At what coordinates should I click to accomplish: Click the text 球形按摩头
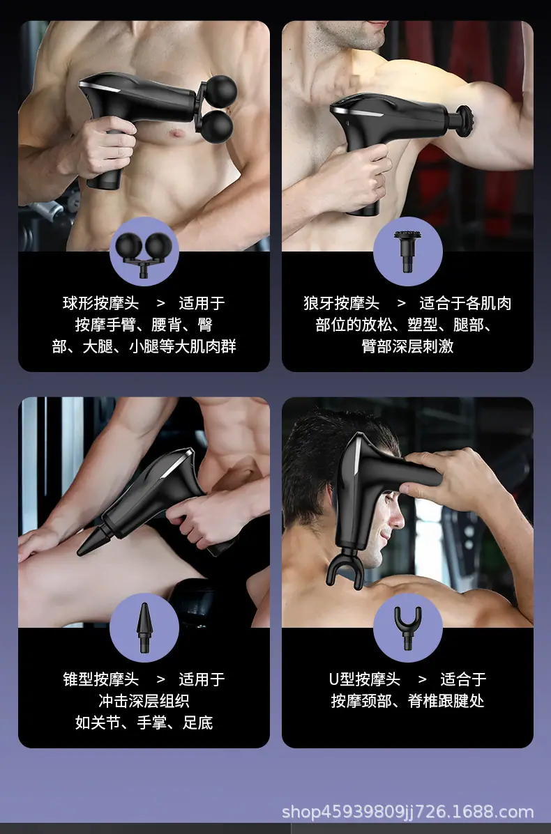click(x=100, y=303)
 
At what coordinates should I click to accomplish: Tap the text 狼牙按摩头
click(x=341, y=303)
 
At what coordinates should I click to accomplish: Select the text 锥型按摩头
click(x=100, y=679)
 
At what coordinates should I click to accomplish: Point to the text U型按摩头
click(x=364, y=679)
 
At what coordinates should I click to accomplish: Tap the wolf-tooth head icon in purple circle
click(x=408, y=251)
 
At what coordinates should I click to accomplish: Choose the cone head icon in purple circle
click(x=144, y=628)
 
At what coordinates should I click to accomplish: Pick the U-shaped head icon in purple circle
click(x=408, y=628)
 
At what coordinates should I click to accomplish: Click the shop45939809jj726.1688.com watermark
click(x=407, y=812)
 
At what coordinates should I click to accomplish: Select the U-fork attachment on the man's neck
click(x=345, y=567)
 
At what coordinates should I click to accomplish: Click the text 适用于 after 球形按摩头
click(x=202, y=303)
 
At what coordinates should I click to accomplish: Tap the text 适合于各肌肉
click(x=465, y=303)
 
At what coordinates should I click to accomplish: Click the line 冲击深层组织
click(x=144, y=700)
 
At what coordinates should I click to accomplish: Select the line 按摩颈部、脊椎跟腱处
click(x=408, y=700)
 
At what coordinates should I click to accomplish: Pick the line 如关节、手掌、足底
click(x=144, y=723)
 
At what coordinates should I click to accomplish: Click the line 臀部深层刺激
click(x=408, y=346)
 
